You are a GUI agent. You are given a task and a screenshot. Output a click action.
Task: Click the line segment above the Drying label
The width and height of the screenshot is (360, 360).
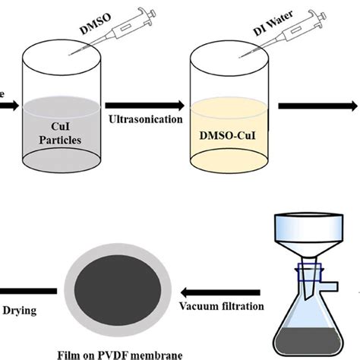(x=27, y=289)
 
